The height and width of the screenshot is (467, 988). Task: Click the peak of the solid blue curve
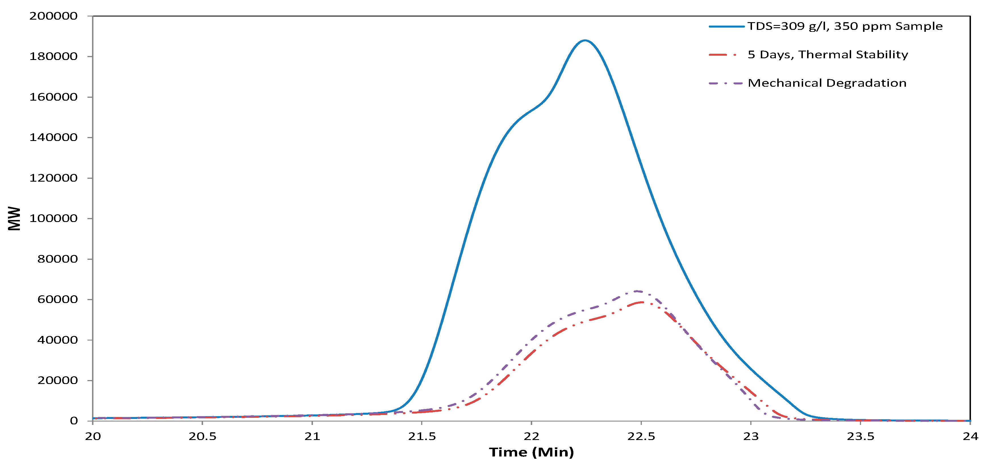[584, 40]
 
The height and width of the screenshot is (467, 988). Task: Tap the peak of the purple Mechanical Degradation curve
[636, 291]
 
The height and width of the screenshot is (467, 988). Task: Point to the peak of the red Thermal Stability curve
[640, 303]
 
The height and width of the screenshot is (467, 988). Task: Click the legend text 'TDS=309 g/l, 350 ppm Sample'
[845, 26]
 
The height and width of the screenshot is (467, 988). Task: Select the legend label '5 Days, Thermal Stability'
[828, 55]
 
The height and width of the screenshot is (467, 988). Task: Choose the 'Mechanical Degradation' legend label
[827, 83]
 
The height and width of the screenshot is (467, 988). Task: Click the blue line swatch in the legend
[726, 26]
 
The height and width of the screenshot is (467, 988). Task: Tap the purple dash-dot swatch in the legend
[726, 83]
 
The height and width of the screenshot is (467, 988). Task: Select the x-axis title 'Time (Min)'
[531, 452]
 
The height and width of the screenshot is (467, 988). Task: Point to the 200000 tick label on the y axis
[53, 16]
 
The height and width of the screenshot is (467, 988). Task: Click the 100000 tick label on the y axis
[53, 218]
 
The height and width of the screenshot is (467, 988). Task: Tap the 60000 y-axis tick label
[58, 299]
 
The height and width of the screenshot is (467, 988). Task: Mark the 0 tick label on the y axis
[74, 421]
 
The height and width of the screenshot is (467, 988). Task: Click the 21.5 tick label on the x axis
[421, 436]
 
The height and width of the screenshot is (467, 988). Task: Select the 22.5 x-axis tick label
[641, 436]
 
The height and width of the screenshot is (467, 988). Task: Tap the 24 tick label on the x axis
[970, 436]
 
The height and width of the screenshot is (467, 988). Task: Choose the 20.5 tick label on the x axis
[202, 436]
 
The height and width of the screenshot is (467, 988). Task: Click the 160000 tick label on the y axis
[53, 97]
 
